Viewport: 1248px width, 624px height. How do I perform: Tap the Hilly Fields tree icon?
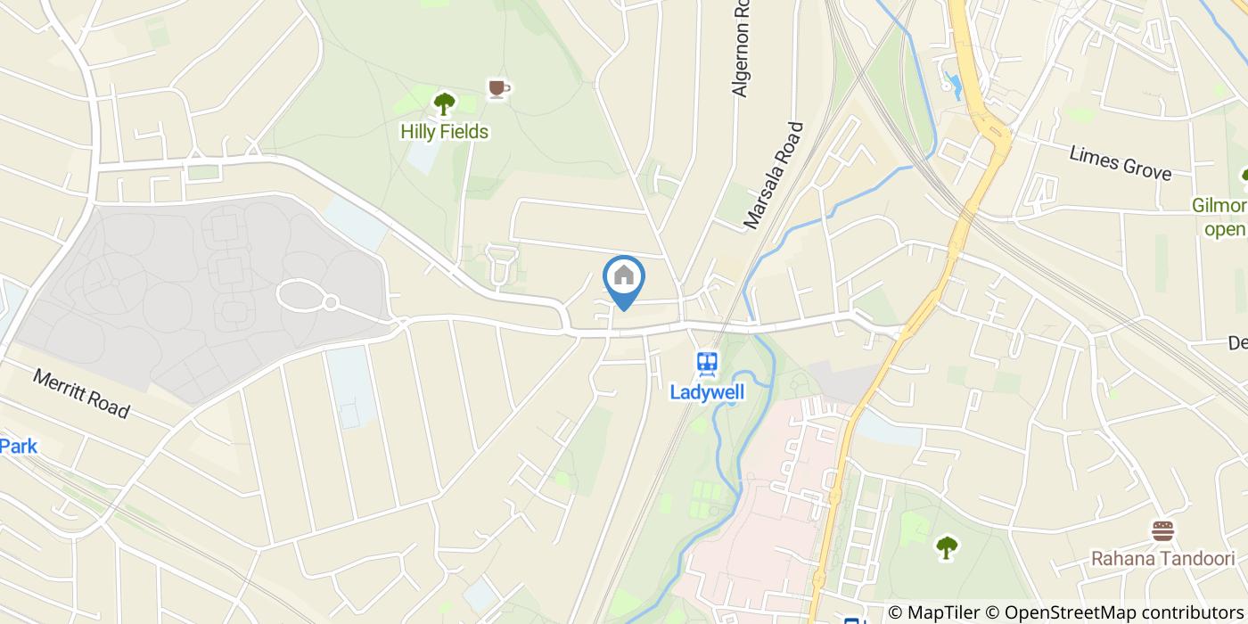(444, 103)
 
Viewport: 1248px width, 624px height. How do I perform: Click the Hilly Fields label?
(444, 132)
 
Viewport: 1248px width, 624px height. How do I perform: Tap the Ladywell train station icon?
(708, 363)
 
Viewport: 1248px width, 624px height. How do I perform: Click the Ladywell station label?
(708, 391)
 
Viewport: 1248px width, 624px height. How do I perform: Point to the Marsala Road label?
(774, 176)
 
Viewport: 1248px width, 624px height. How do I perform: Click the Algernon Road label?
(740, 50)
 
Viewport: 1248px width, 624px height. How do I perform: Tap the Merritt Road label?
(81, 393)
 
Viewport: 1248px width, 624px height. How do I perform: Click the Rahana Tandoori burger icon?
(1162, 532)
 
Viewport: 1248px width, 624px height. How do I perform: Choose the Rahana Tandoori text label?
(1162, 559)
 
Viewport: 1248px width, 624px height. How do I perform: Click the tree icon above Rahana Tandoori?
(947, 546)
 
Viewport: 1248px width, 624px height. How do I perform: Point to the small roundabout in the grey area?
(330, 303)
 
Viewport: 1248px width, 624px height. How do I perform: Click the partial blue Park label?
(19, 446)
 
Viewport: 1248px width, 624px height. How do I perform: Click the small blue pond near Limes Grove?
(952, 86)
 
